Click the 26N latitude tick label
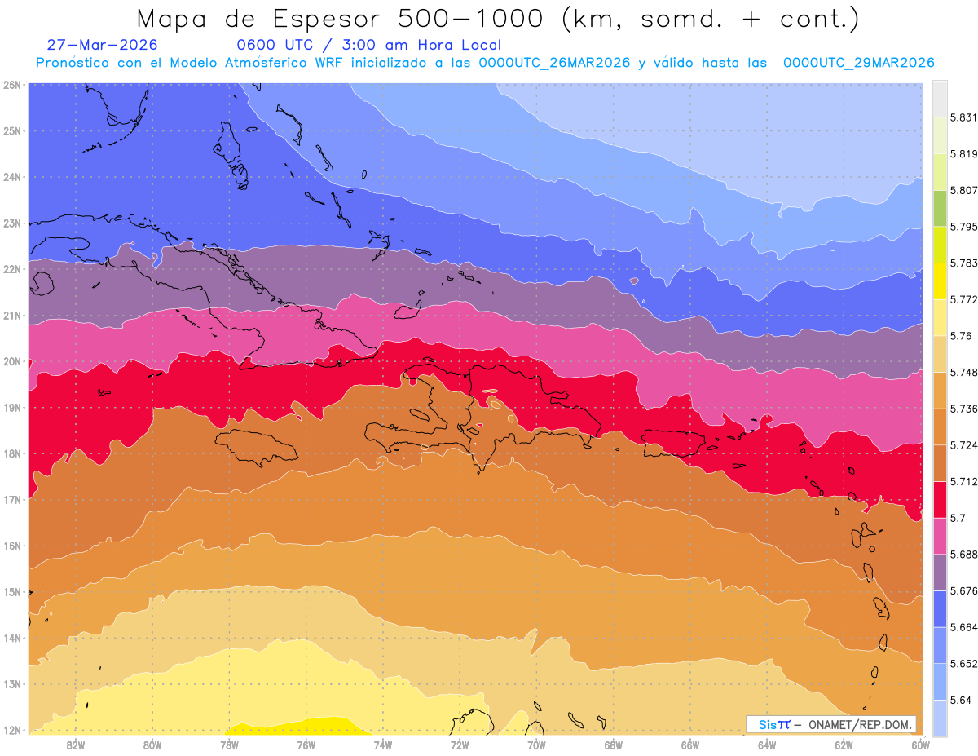11,85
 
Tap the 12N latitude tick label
11,730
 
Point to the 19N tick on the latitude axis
11,408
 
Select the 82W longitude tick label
76,745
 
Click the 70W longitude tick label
536,745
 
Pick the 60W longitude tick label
920,745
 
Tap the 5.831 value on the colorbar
963,118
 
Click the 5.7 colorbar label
958,518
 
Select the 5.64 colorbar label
960,701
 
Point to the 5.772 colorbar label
963,300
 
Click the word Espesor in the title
326,20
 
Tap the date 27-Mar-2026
102,45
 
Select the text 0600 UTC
275,45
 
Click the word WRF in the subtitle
328,63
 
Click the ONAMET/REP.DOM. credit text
860,724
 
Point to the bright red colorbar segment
940,500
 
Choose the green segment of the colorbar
940,209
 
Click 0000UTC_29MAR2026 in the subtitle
858,63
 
